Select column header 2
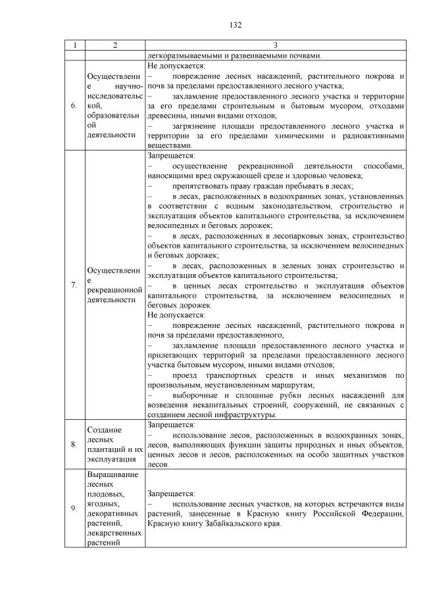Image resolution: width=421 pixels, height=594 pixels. coord(114,45)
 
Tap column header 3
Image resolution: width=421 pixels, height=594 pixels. coord(276,45)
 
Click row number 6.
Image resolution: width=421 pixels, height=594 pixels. coord(74,105)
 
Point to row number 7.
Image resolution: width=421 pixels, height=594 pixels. coord(74,285)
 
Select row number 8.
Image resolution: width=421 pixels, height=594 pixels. coord(74,445)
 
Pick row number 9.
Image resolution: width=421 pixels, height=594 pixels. coord(74,509)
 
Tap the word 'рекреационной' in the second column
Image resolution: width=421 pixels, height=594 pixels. coord(114,289)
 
